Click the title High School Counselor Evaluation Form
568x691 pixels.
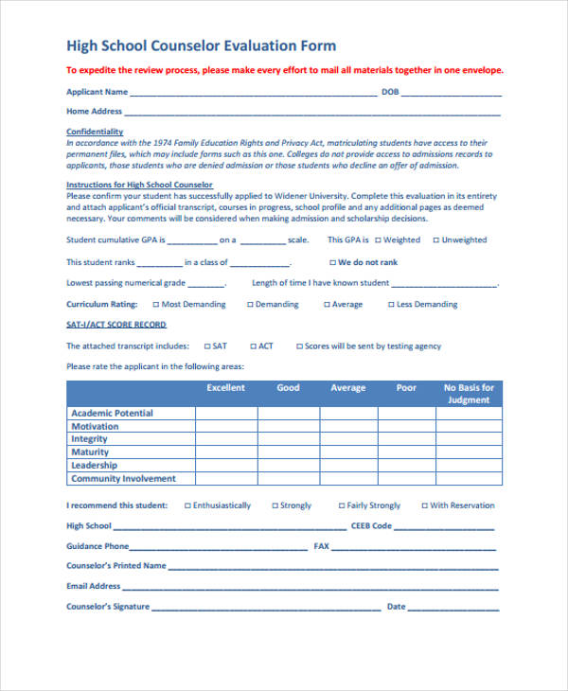point(201,45)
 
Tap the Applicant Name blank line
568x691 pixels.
point(253,93)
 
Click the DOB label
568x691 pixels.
point(390,92)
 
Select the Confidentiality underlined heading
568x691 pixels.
point(95,132)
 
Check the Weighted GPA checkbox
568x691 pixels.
point(378,240)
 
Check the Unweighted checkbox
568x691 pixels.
point(435,240)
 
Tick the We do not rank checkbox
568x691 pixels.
point(332,262)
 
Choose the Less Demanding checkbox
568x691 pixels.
point(390,305)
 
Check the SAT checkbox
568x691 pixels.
point(205,346)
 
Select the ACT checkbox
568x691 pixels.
point(252,346)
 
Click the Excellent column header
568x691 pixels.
point(225,388)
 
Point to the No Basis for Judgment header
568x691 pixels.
point(469,394)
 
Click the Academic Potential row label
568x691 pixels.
point(112,413)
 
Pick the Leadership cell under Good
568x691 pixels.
point(288,466)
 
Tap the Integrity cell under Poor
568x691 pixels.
point(406,439)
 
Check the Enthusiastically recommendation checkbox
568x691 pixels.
point(186,505)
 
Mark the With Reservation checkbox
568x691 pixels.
point(424,505)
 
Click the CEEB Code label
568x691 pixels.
point(371,525)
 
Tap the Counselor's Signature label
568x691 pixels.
point(108,606)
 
